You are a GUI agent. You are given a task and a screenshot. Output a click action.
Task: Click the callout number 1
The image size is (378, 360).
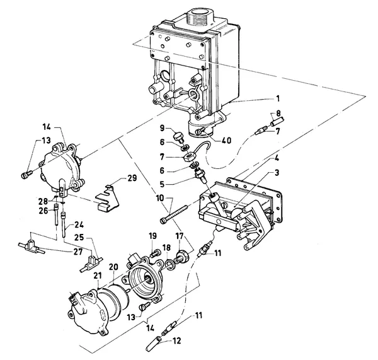pos(278,98)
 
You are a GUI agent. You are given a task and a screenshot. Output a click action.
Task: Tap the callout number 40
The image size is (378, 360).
pos(226,140)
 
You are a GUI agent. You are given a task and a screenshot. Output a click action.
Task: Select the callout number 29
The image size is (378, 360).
pos(132,178)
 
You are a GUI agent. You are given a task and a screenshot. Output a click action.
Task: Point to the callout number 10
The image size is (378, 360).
pos(160,199)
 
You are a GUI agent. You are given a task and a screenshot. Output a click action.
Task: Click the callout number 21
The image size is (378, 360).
pos(98,276)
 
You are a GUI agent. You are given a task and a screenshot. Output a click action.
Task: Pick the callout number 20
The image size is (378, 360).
pos(113,267)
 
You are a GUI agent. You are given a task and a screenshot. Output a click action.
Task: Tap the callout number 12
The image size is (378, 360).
pos(176,340)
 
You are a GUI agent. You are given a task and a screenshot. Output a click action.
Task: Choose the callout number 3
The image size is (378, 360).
pos(277,173)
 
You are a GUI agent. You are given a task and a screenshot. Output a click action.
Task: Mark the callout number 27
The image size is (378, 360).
pos(77,252)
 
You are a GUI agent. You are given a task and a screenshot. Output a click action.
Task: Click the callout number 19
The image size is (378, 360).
pos(153,236)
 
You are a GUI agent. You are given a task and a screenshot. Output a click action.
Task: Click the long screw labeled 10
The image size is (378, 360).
pos(174,213)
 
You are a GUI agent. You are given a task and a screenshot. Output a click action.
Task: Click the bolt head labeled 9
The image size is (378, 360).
pos(179,136)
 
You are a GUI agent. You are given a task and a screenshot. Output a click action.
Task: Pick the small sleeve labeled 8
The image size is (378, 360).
pos(278,120)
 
